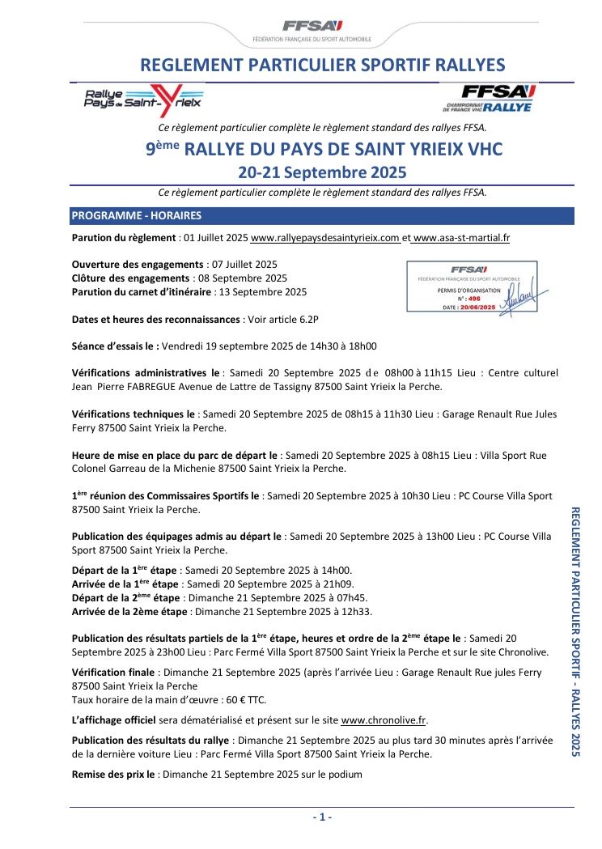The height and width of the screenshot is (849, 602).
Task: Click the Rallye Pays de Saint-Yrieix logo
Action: [144, 101]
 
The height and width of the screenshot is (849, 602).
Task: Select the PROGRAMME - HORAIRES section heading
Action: [137, 216]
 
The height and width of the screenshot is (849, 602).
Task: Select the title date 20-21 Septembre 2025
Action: [322, 172]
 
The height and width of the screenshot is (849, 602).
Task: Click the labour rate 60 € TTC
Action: [241, 699]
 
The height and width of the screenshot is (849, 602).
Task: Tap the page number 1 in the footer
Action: [322, 817]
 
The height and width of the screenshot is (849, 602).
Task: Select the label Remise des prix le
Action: [113, 774]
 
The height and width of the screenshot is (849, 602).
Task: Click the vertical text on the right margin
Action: [576, 631]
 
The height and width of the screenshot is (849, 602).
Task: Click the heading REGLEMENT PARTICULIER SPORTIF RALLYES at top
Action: [322, 66]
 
